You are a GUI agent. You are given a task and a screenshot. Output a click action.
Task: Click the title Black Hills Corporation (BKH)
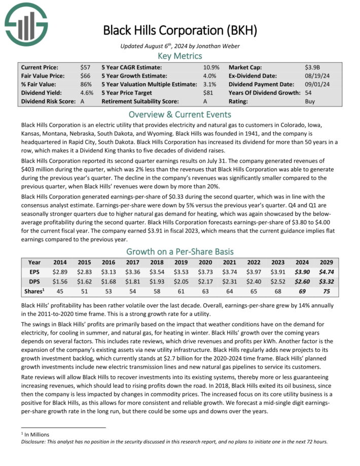180,30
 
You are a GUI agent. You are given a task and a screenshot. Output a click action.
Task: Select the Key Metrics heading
180,56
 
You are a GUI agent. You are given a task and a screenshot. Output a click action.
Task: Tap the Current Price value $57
85,67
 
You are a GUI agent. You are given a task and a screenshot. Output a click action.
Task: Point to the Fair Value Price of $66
85,76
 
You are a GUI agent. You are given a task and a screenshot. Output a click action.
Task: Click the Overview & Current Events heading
180,114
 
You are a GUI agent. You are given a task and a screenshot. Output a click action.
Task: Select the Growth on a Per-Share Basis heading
180,252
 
